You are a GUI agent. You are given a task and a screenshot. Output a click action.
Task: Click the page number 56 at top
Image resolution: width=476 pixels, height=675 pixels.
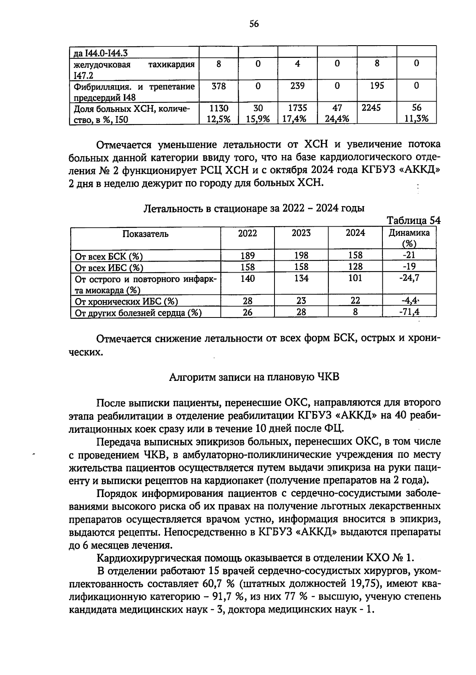[x=254, y=24]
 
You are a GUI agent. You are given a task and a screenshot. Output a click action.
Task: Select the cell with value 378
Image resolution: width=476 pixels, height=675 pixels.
[x=218, y=86]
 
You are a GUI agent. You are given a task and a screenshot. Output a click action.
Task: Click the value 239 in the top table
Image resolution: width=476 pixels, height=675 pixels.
[x=297, y=86]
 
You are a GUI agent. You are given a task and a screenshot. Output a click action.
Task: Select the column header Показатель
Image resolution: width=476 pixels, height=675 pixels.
[x=145, y=234]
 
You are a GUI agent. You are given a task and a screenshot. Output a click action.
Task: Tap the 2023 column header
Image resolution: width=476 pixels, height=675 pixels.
[x=301, y=233]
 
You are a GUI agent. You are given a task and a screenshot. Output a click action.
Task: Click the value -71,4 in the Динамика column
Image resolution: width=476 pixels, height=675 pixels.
[x=409, y=312]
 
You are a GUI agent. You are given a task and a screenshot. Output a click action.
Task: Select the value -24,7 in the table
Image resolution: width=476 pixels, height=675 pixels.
[x=409, y=278]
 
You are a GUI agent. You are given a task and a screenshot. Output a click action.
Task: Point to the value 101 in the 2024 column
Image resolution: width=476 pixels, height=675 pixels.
[x=355, y=278]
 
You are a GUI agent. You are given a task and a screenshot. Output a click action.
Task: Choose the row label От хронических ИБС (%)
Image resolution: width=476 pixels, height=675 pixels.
[x=126, y=302]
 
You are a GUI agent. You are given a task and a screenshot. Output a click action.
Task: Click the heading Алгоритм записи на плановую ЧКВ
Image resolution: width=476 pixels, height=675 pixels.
[x=254, y=377]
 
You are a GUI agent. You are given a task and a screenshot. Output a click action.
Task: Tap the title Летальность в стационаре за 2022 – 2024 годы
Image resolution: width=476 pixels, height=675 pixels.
[x=254, y=208]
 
